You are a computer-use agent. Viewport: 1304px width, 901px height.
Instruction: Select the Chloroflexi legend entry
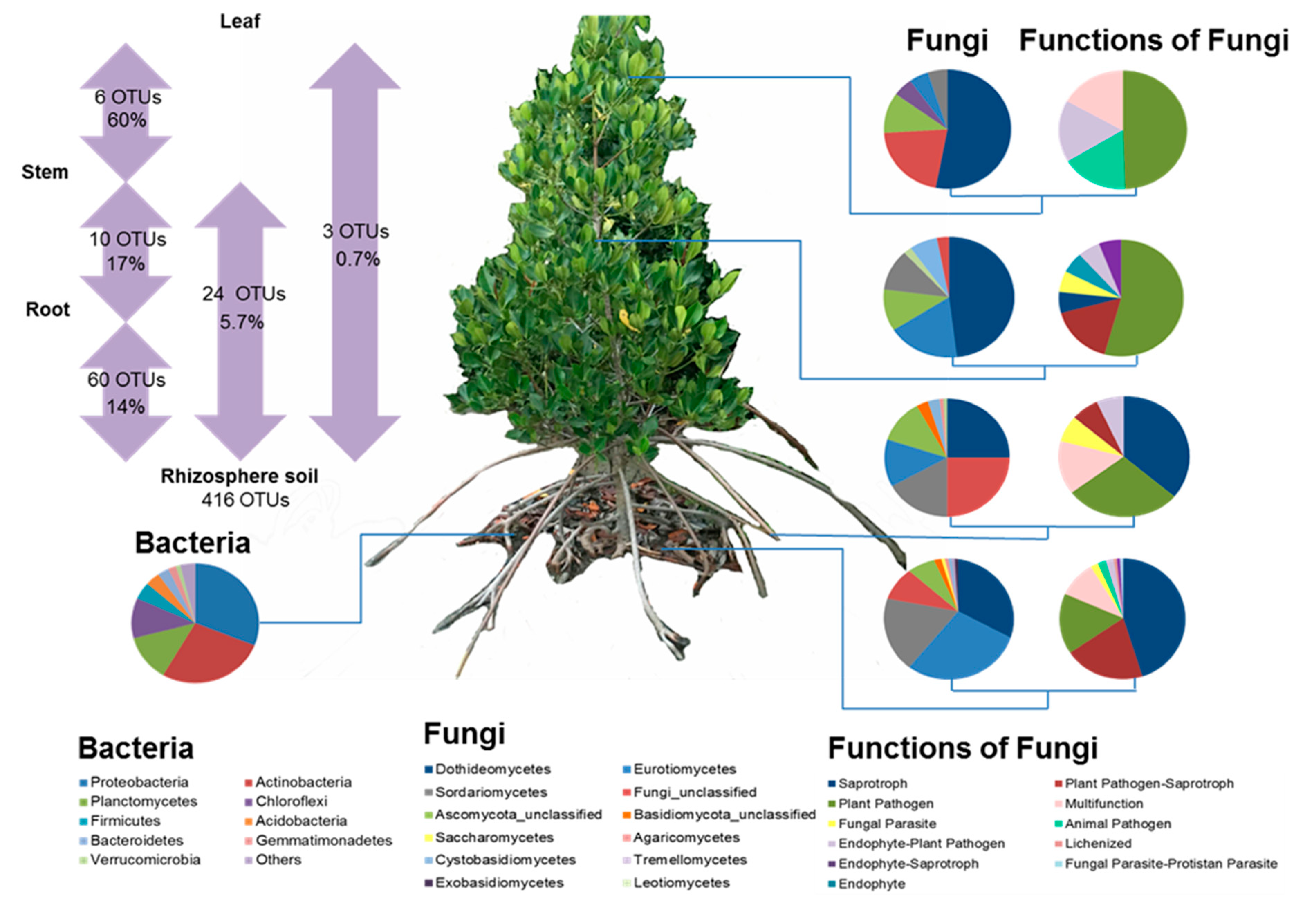tap(291, 801)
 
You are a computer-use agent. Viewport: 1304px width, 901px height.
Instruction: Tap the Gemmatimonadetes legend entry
tap(323, 840)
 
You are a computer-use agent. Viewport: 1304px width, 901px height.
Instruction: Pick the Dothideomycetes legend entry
tap(492, 769)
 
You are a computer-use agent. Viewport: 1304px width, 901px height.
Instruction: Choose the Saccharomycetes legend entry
tap(494, 837)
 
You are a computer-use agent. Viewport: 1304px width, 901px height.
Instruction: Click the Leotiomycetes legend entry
tap(681, 882)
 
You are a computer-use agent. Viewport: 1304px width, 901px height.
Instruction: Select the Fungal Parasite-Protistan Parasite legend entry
tap(1170, 863)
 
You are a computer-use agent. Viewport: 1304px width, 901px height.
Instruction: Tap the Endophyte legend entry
tap(871, 883)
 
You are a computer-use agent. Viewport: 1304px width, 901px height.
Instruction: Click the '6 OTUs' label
tap(128, 97)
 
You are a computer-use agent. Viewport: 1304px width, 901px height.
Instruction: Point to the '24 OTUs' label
tap(244, 294)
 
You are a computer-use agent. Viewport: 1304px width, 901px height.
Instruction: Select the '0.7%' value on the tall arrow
tap(357, 259)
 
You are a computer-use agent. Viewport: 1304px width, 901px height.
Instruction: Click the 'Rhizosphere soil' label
tap(239, 476)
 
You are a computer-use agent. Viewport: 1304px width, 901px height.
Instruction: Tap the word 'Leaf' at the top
tap(240, 21)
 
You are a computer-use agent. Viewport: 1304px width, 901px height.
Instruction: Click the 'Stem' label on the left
tap(45, 171)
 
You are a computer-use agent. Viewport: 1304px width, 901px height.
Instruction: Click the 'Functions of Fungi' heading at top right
tap(1153, 41)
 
